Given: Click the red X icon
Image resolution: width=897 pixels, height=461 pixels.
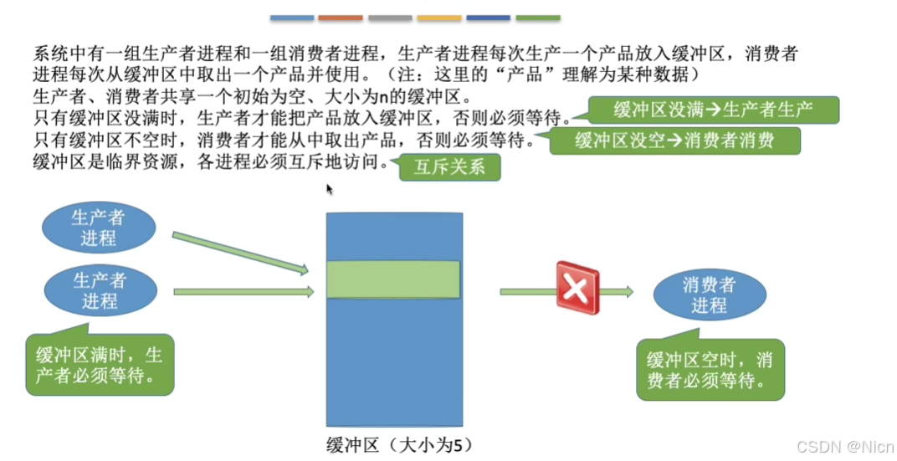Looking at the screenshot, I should (577, 288).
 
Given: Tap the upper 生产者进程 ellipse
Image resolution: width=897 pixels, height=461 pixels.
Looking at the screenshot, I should (98, 228).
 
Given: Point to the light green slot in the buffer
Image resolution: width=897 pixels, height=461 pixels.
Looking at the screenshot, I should (393, 279).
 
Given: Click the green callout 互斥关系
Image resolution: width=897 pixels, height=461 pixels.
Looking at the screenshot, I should (449, 167).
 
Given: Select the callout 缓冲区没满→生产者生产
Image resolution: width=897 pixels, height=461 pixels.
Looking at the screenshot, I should (714, 110).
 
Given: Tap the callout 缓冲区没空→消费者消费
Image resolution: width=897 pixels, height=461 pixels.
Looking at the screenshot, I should (674, 141).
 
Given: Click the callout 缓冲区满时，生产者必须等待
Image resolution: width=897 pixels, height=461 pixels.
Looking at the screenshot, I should (100, 366).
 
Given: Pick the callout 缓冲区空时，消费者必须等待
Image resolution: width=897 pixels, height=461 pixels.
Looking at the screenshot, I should (710, 371).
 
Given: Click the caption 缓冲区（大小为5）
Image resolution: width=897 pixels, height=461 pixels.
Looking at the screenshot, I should (393, 444).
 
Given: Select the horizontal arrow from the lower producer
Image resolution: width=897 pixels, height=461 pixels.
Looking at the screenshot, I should (243, 292).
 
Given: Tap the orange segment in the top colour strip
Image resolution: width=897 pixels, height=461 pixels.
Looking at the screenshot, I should (341, 18).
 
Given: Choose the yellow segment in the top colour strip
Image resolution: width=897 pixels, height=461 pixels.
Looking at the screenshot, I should (439, 18).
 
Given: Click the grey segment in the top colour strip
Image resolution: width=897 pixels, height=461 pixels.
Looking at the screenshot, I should (390, 18).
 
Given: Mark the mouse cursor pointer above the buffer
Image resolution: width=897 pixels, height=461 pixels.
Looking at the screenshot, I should (330, 188).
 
